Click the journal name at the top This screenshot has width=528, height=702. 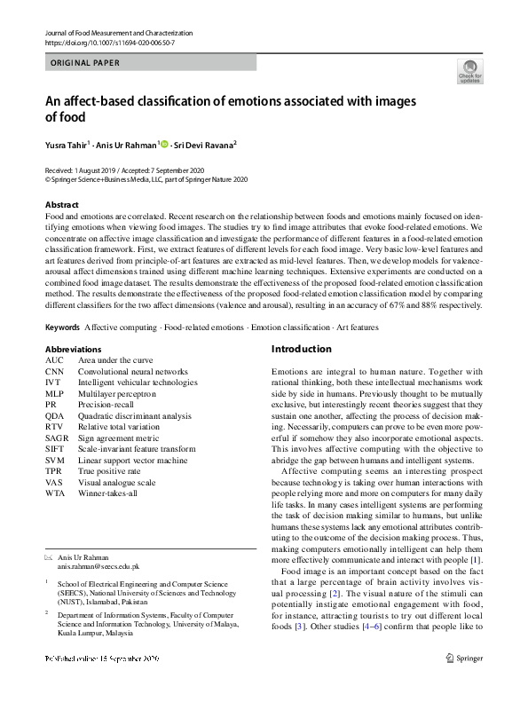point(118,33)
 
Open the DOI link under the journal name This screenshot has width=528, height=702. point(109,43)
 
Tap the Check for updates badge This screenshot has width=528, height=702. point(469,71)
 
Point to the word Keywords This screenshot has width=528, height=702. point(62,327)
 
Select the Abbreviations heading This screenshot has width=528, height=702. point(73,350)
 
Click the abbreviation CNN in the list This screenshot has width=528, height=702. point(55,372)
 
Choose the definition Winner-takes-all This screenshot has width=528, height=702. point(108,493)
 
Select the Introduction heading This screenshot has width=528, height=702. point(301,349)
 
